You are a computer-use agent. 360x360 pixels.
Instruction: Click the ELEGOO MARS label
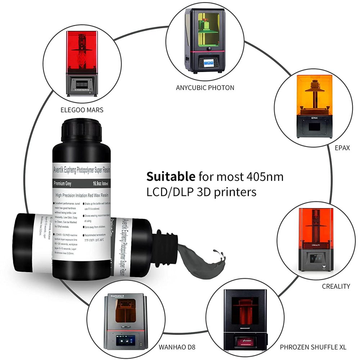point(82,110)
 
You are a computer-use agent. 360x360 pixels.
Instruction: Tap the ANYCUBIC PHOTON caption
point(205,87)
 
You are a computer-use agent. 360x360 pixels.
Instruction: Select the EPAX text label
point(342,148)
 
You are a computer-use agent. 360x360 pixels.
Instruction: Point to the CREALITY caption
point(336,286)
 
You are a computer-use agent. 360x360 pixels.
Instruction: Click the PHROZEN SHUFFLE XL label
point(313,347)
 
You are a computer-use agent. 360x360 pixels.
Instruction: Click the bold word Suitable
point(170,177)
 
